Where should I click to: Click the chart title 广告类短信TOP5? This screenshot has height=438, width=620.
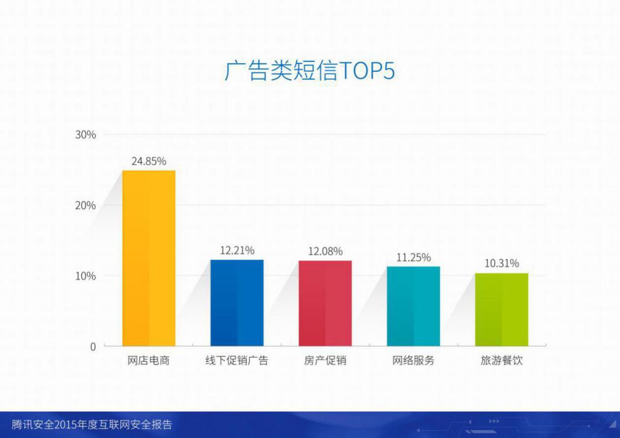click(310, 71)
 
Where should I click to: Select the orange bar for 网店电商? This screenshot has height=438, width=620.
click(149, 258)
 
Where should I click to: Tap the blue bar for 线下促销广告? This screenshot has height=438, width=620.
click(237, 303)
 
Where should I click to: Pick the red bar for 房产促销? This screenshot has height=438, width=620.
click(325, 303)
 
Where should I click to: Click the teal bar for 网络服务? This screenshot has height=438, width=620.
click(413, 306)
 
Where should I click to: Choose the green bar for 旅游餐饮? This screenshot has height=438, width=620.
click(502, 309)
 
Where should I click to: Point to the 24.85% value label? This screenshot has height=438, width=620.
click(149, 161)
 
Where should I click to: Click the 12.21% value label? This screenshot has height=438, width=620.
click(237, 250)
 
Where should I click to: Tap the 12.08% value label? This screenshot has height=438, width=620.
click(325, 252)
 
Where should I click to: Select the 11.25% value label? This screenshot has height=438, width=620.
click(413, 258)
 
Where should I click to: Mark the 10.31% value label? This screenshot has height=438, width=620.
click(502, 263)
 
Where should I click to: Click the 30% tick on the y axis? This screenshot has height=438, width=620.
click(85, 135)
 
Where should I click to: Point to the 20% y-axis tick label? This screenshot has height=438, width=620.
click(85, 206)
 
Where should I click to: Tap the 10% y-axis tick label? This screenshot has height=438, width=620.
click(85, 276)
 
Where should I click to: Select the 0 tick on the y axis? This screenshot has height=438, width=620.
click(93, 347)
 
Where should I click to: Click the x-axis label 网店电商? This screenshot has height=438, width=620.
click(149, 361)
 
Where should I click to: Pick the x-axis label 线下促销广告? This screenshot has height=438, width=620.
click(237, 361)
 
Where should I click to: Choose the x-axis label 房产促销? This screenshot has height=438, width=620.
click(325, 361)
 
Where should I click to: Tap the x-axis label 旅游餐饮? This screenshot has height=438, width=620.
click(502, 361)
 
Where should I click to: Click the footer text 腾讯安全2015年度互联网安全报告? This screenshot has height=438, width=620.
click(92, 425)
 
